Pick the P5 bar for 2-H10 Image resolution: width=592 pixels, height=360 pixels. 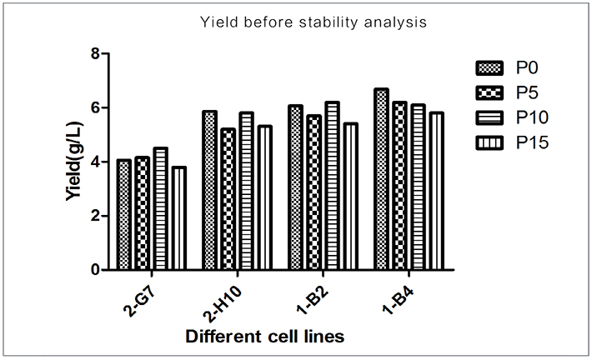click(228, 199)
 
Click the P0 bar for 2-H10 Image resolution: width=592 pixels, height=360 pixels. click(209, 191)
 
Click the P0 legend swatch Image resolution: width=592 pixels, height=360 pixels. click(487, 67)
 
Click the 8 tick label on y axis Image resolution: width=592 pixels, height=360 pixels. click(94, 54)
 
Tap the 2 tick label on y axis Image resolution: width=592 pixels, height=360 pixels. click(94, 216)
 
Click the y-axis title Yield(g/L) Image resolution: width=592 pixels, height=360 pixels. click(73, 162)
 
